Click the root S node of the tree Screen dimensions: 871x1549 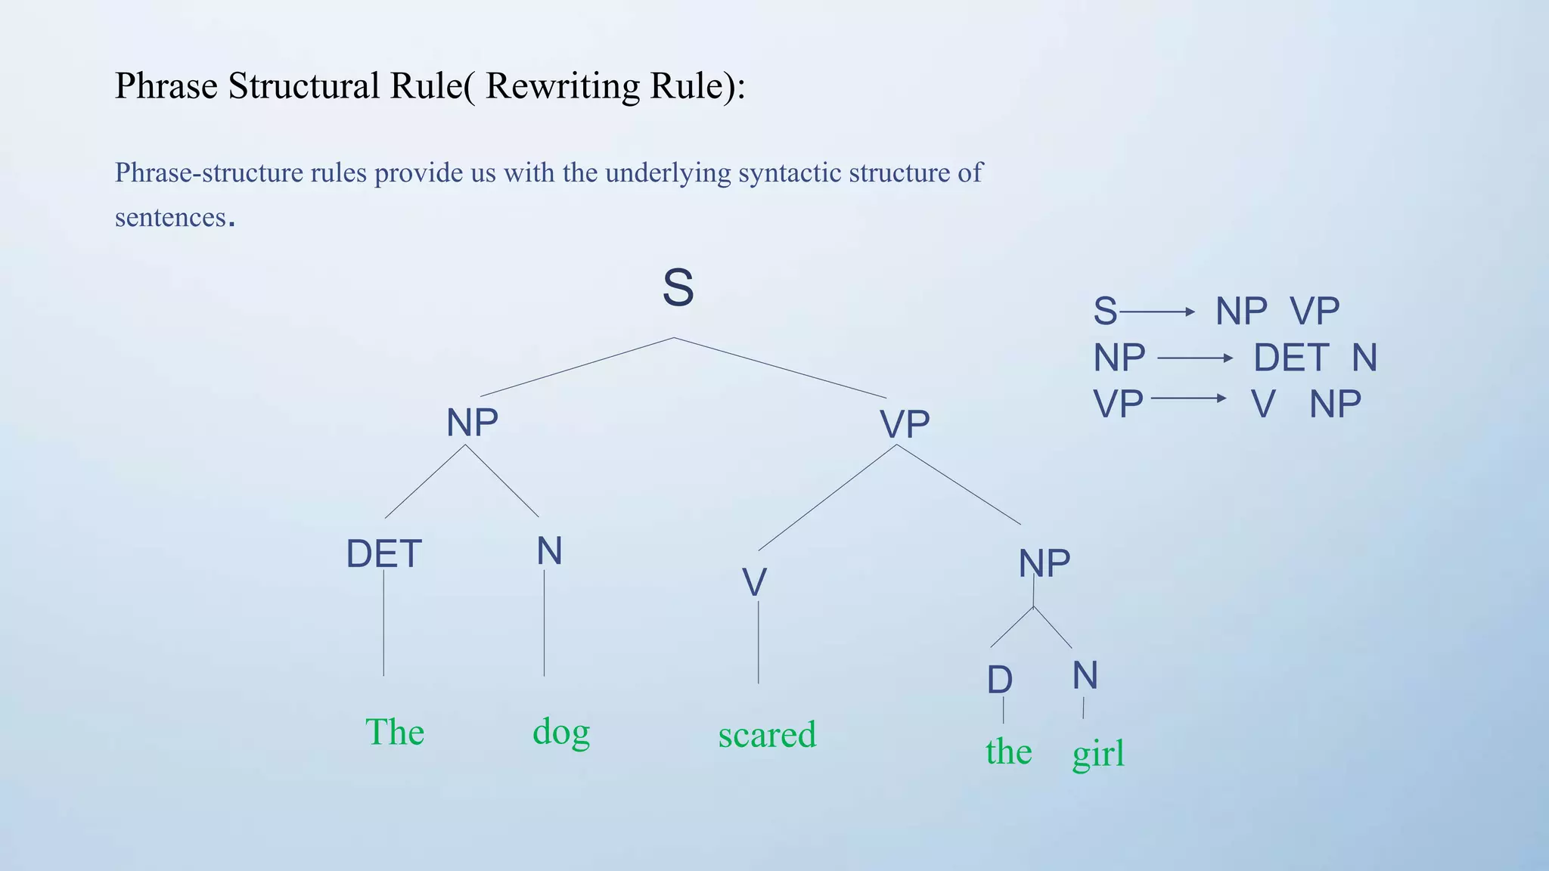[x=678, y=288]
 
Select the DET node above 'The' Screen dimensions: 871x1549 [x=383, y=554]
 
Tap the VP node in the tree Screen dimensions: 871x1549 [x=905, y=424]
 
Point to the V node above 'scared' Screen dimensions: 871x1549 [x=754, y=583]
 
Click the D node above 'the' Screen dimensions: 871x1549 [x=1000, y=680]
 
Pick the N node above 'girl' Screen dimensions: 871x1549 [x=1085, y=675]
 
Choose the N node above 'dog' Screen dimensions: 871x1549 [x=550, y=551]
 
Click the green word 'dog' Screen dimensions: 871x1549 [x=561, y=732]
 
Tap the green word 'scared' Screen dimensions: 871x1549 [x=767, y=735]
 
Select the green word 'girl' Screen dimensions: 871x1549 [x=1098, y=753]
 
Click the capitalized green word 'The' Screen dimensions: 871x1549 [x=395, y=732]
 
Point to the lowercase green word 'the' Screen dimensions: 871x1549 [x=1009, y=752]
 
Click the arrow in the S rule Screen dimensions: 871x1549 [x=1157, y=312]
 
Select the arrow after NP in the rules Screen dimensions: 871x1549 [x=1195, y=358]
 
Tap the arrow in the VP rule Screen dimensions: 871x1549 [x=1188, y=398]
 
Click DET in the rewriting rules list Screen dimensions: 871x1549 [x=1291, y=358]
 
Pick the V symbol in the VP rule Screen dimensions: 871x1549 [x=1263, y=405]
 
